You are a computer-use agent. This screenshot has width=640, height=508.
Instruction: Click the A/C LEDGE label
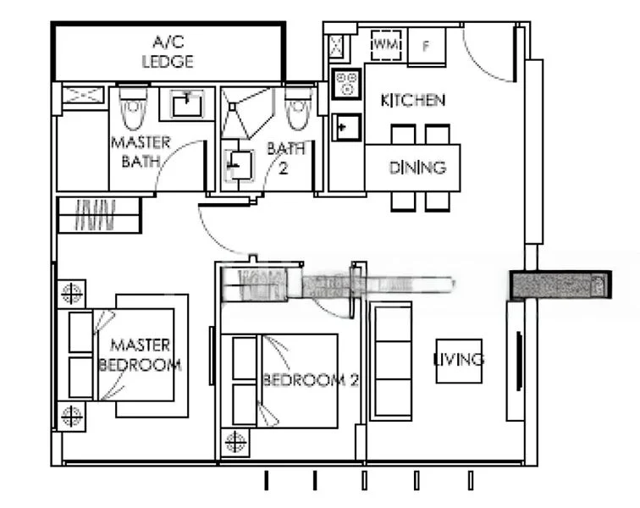pyautogui.click(x=168, y=52)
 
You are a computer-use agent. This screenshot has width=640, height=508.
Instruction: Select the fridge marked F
pyautogui.click(x=427, y=46)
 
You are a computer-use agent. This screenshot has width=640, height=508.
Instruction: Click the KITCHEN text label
pyautogui.click(x=413, y=101)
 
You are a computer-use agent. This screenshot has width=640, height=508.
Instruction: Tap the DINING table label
pyautogui.click(x=417, y=168)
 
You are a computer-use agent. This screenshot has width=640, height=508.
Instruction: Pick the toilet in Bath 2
pyautogui.click(x=295, y=108)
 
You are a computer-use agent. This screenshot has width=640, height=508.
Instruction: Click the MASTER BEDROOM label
pyautogui.click(x=141, y=356)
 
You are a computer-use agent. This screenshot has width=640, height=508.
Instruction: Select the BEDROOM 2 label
pyautogui.click(x=310, y=380)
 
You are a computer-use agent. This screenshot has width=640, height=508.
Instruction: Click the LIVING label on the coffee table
pyautogui.click(x=459, y=360)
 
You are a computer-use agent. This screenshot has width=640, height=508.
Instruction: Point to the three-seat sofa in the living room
pyautogui.click(x=390, y=361)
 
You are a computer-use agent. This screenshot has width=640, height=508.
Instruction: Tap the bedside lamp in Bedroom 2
pyautogui.click(x=235, y=443)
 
